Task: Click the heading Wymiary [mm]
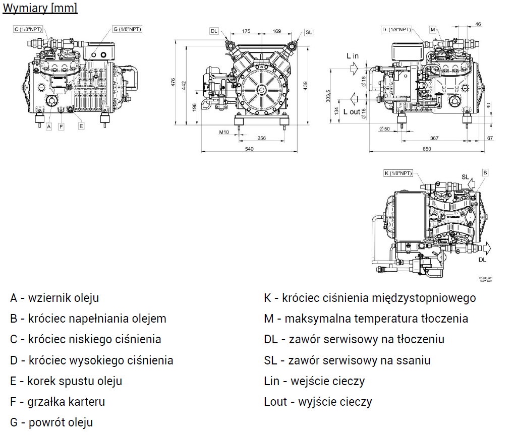coord(40,9)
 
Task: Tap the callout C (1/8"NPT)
coord(28,30)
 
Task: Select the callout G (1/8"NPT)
coord(126,30)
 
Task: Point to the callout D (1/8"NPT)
coord(396,30)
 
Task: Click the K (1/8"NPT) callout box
coord(398,173)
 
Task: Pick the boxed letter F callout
coord(61,127)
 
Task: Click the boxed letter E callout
coord(81,127)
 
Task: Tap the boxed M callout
coord(433,30)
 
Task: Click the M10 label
coord(224,132)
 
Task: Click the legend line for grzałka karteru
coord(58,402)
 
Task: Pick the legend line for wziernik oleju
coord(54,297)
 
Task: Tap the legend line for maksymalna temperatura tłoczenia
coord(366,319)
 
